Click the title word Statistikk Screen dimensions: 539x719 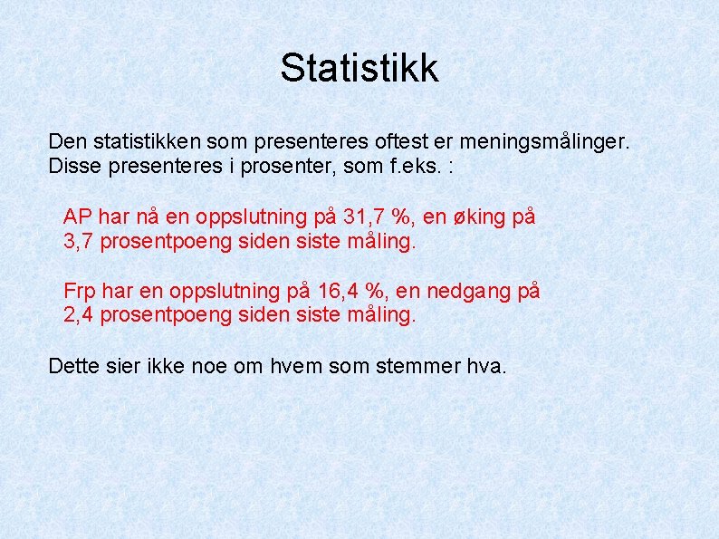click(359, 68)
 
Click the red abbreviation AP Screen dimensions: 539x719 click(78, 217)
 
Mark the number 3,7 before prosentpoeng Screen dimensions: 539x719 click(79, 243)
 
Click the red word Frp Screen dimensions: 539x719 click(81, 291)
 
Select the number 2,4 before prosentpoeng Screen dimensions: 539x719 click(79, 316)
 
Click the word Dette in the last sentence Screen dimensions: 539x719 click(76, 366)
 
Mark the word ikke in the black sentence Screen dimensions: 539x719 click(169, 366)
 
